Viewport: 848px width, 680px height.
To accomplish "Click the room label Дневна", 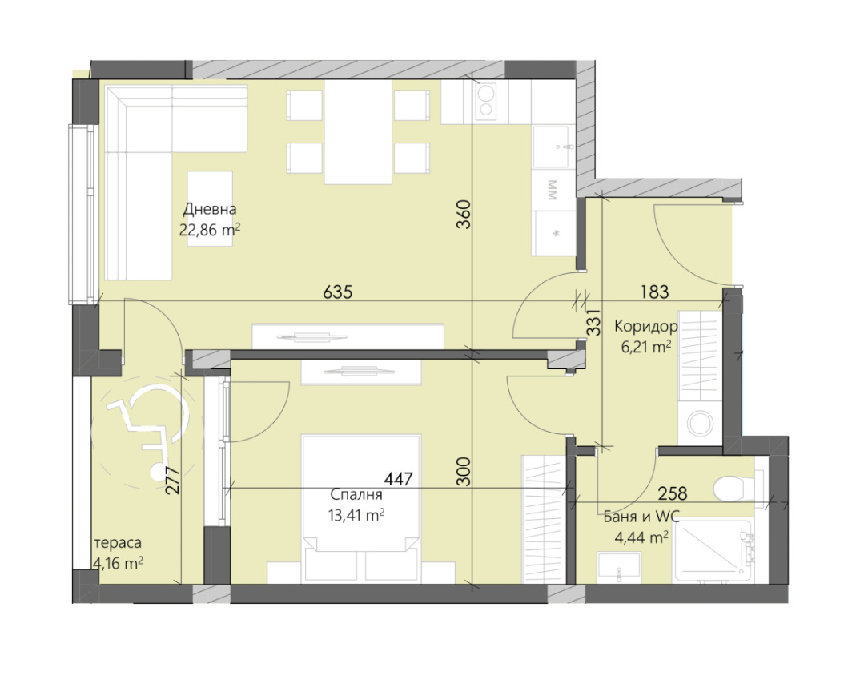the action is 210,209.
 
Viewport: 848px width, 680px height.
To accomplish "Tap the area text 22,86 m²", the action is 210,230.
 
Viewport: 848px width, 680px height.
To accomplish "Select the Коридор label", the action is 645,327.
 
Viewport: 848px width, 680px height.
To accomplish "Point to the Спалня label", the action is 356,494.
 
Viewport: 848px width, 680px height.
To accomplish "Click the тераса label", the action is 118,543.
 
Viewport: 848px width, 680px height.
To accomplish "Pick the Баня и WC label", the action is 641,517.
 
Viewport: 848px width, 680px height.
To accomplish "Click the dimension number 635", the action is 337,292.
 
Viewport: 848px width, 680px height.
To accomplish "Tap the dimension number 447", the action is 399,479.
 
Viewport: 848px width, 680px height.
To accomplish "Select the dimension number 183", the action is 655,292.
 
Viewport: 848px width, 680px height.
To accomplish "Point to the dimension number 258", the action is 673,493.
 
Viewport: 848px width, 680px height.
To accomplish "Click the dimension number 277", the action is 172,481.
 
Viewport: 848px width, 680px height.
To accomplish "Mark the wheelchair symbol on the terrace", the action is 147,433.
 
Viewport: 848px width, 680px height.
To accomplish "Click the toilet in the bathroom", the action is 737,489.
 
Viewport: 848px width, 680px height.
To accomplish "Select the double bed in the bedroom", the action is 361,509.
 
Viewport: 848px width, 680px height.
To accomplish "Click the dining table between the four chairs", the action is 358,132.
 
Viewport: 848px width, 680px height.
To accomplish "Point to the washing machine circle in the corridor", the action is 700,424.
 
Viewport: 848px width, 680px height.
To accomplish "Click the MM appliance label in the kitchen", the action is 553,190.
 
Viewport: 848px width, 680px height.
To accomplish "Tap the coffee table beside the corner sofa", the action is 211,209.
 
